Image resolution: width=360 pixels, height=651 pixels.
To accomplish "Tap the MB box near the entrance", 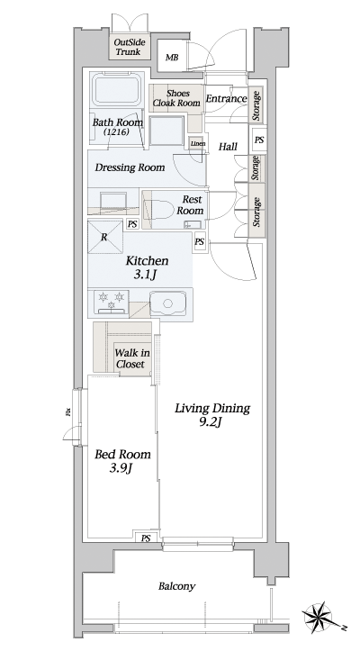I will point(171,59).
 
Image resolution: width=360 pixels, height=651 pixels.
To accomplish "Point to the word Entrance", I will point(225,98).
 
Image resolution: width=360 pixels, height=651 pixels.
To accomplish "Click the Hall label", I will point(228,146).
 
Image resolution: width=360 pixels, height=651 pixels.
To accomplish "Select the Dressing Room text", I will point(130,167).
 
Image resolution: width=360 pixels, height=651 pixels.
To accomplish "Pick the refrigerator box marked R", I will point(105,237).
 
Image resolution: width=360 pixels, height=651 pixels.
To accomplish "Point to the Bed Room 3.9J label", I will point(122,461).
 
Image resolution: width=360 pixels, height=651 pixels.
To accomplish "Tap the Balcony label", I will point(176,586).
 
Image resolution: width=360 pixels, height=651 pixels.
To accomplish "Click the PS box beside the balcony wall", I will point(145,538).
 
